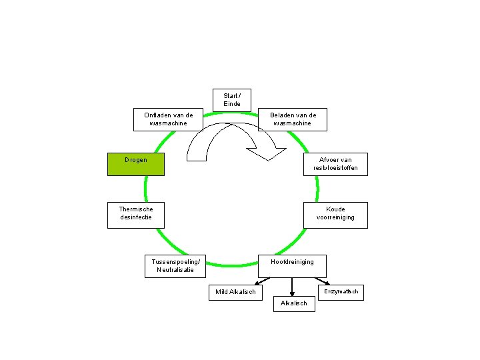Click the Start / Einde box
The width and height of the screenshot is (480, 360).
(x=232, y=100)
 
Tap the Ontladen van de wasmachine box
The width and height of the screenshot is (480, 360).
(x=169, y=119)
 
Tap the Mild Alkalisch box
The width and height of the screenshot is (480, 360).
(x=235, y=292)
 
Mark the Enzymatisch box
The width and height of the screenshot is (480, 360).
(x=341, y=292)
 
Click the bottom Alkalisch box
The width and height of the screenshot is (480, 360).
(x=294, y=303)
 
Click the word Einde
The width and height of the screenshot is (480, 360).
(x=232, y=104)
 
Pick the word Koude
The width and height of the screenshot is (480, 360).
(x=335, y=209)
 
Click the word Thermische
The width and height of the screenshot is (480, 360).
(x=136, y=209)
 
